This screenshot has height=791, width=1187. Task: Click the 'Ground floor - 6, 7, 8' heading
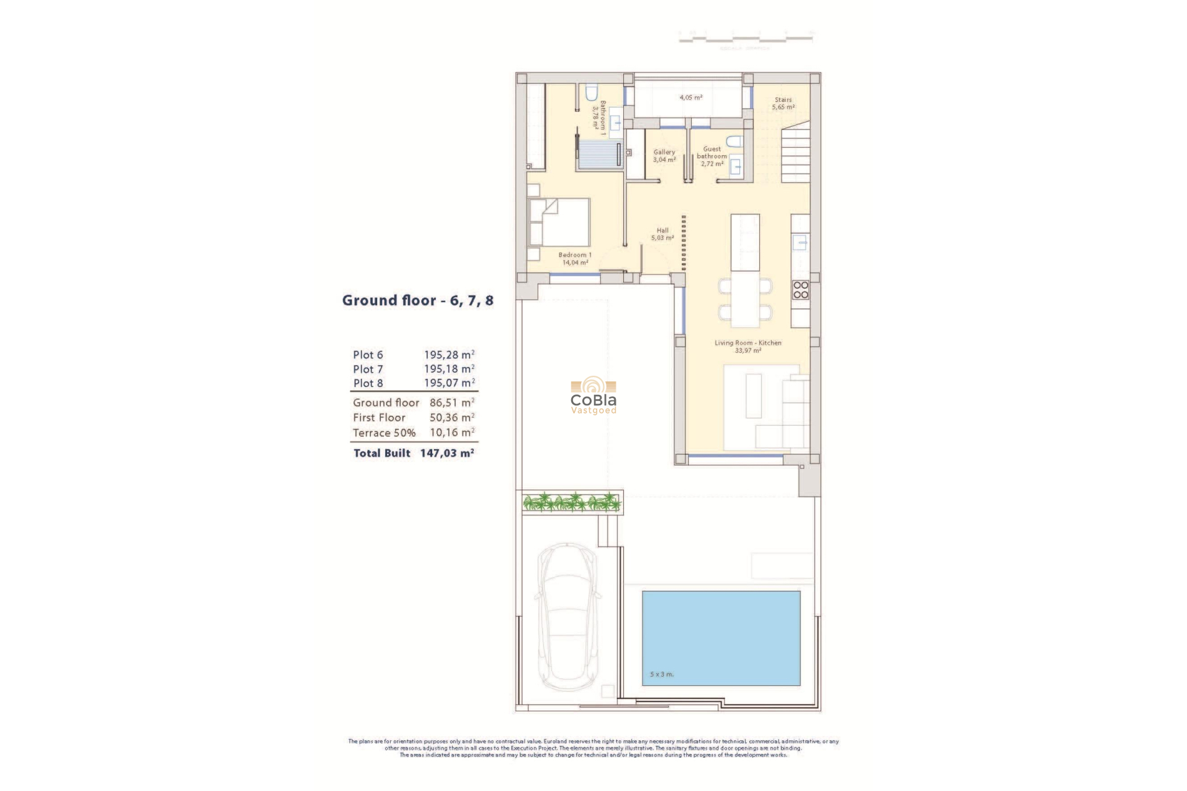point(417,301)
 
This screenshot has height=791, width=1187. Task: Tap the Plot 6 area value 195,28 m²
point(449,355)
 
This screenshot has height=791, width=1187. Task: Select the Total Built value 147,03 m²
point(447,453)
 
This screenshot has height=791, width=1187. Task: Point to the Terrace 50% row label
point(384,433)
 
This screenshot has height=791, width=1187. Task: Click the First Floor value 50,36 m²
point(452,418)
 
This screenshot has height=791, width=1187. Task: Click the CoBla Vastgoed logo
point(593,396)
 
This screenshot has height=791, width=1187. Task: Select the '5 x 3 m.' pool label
point(662,674)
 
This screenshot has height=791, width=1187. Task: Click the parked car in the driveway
point(567,617)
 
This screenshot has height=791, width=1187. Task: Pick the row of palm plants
point(571,502)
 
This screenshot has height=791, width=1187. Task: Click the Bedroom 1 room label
point(575,258)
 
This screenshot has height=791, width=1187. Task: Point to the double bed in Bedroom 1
point(559,222)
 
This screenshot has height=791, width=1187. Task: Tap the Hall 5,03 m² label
point(662,234)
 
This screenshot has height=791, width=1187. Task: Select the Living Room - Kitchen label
point(748,346)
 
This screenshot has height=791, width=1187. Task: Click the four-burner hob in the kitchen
point(801,290)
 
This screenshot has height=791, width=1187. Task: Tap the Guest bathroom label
point(712,156)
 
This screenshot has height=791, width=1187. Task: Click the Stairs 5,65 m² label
point(783,103)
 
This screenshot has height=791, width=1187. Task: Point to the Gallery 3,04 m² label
point(664,156)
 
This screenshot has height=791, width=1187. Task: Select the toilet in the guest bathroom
point(734,142)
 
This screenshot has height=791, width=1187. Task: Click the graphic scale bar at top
point(746,38)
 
